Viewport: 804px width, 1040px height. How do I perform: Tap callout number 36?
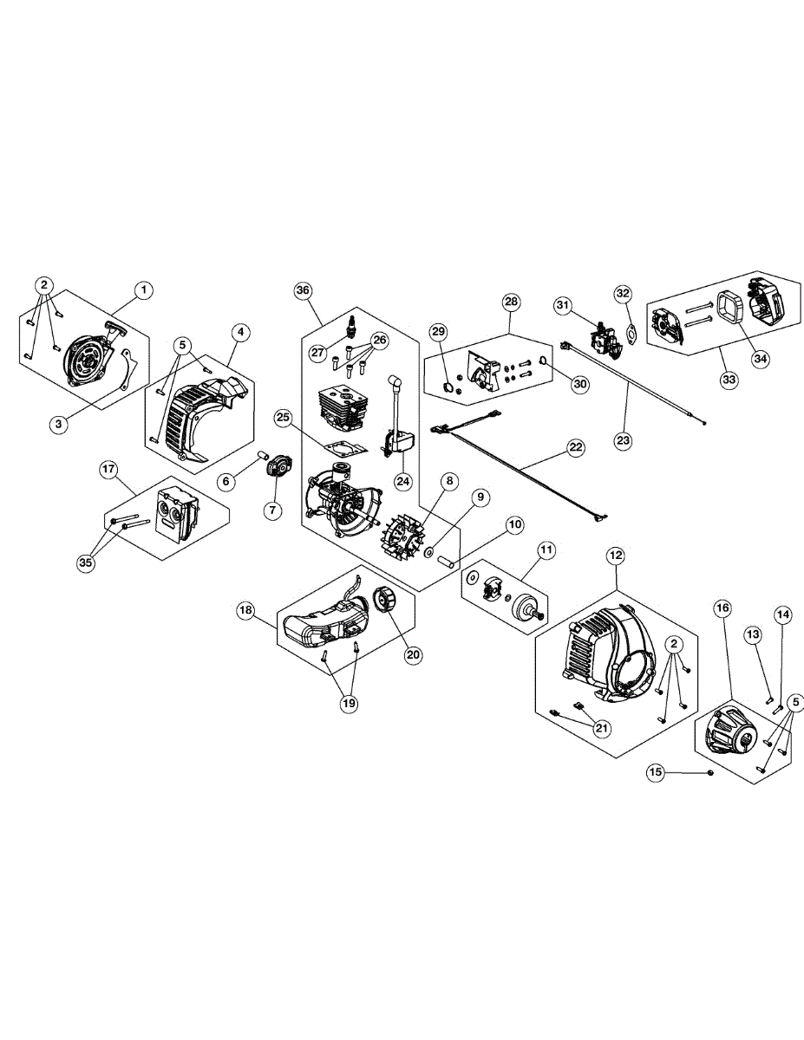(x=302, y=291)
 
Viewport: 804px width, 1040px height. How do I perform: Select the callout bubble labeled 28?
(x=510, y=302)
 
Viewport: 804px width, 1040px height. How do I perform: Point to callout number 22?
(x=575, y=447)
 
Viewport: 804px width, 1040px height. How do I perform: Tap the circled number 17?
(x=108, y=470)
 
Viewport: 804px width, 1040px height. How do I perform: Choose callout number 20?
(x=414, y=654)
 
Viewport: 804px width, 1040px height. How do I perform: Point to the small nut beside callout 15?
(x=710, y=770)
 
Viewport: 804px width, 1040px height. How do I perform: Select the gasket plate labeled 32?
(x=630, y=330)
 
